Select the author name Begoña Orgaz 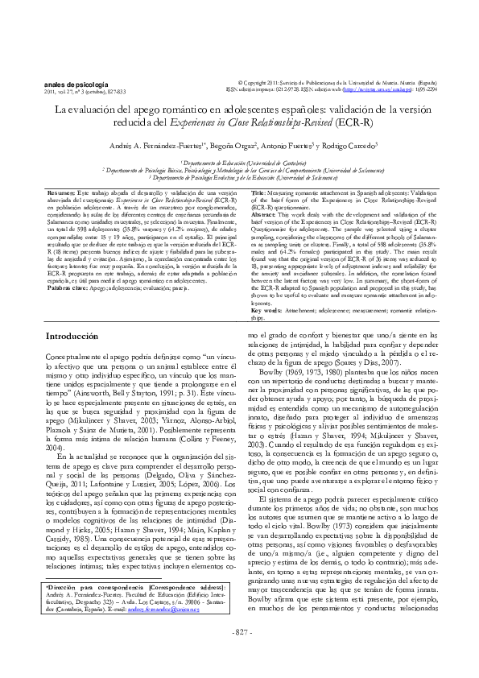click(x=233, y=147)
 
